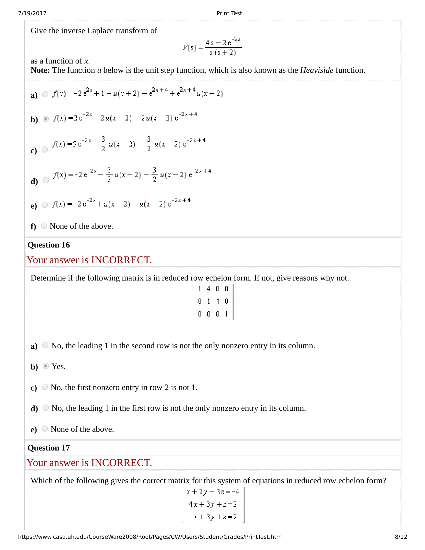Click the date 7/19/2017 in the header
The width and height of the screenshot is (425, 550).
point(32,13)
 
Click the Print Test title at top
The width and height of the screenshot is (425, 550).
point(229,13)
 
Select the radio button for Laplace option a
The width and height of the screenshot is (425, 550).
point(45,94)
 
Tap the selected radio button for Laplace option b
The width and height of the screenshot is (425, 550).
point(45,118)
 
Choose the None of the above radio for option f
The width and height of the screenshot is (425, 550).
point(44,226)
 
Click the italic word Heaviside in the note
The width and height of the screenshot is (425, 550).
point(316,70)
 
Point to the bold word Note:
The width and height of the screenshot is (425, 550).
point(40,70)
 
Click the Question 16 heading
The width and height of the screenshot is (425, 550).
point(48,245)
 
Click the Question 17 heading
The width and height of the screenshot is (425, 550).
point(48,448)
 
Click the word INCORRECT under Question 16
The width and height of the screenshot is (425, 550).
point(121,260)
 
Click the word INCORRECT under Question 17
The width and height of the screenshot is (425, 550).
point(121,463)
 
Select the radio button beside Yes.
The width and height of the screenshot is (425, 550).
point(45,366)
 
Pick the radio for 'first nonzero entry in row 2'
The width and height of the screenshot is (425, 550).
point(44,387)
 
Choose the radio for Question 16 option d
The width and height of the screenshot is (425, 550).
point(45,408)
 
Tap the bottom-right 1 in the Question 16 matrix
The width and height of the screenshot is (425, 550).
point(226,314)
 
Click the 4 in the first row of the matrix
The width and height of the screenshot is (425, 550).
point(208,289)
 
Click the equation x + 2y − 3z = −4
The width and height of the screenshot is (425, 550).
point(213,492)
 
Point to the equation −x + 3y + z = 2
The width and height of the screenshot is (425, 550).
point(213,517)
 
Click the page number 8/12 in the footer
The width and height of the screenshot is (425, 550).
point(401,537)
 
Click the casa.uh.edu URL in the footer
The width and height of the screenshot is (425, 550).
point(149,537)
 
